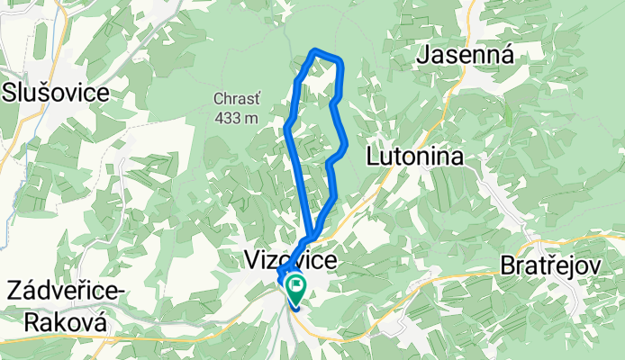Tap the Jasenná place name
(466, 56)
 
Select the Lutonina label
(415, 157)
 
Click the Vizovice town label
(291, 261)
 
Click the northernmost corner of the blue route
(314, 50)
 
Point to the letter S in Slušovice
(11, 92)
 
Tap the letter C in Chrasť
(219, 99)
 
